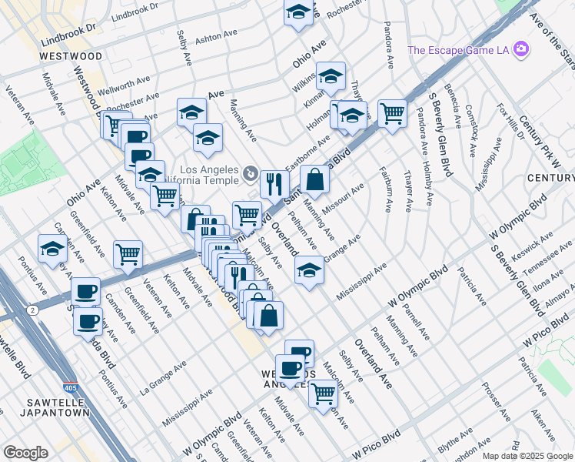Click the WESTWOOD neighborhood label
tap(71, 57)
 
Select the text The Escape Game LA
tap(459, 51)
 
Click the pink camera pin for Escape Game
tap(522, 50)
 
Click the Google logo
tap(25, 453)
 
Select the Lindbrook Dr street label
tap(71, 27)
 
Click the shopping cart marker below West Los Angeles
tap(323, 393)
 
